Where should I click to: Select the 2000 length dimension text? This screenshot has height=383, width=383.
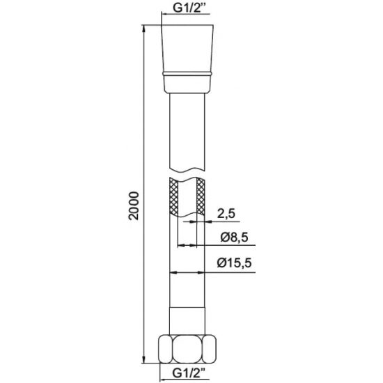134,206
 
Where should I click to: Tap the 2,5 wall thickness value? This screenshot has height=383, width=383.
226,214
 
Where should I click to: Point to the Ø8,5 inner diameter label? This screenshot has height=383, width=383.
234,237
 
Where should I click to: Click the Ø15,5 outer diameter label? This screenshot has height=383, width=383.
234,263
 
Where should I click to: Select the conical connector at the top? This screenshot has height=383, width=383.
187,58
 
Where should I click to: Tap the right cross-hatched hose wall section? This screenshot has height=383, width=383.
201,196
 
